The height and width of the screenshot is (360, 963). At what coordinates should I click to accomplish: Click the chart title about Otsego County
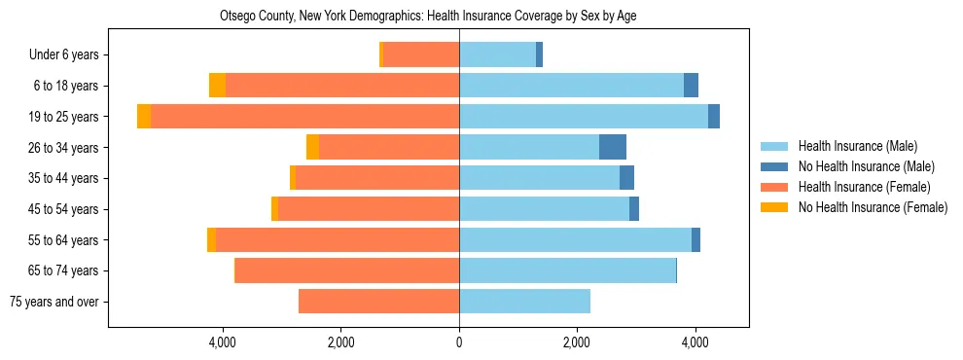pyautogui.click(x=428, y=17)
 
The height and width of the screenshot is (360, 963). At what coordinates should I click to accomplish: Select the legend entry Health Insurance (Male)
pyautogui.click(x=857, y=146)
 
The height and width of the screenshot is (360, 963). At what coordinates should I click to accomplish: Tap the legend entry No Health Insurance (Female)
pyautogui.click(x=872, y=207)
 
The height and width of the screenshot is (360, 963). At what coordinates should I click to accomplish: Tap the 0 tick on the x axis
pyautogui.click(x=459, y=342)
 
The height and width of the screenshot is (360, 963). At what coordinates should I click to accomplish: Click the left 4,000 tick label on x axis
pyautogui.click(x=223, y=342)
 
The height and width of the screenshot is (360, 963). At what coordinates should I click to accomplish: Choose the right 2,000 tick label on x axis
pyautogui.click(x=577, y=342)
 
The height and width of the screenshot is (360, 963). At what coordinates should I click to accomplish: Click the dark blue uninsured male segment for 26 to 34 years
pyautogui.click(x=612, y=147)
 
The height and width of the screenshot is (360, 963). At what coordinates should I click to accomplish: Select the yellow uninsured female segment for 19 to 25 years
pyautogui.click(x=144, y=117)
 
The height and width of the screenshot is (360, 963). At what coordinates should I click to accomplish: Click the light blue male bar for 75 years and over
pyautogui.click(x=524, y=302)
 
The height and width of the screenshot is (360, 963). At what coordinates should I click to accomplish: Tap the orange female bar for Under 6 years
pyautogui.click(x=421, y=54)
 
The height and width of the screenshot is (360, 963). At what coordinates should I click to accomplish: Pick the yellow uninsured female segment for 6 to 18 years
pyautogui.click(x=217, y=86)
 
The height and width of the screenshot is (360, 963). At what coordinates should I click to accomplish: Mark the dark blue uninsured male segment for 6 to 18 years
pyautogui.click(x=691, y=86)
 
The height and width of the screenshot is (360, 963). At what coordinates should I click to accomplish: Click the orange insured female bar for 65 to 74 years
pyautogui.click(x=347, y=270)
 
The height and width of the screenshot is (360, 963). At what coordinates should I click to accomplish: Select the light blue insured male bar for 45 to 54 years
pyautogui.click(x=544, y=209)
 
